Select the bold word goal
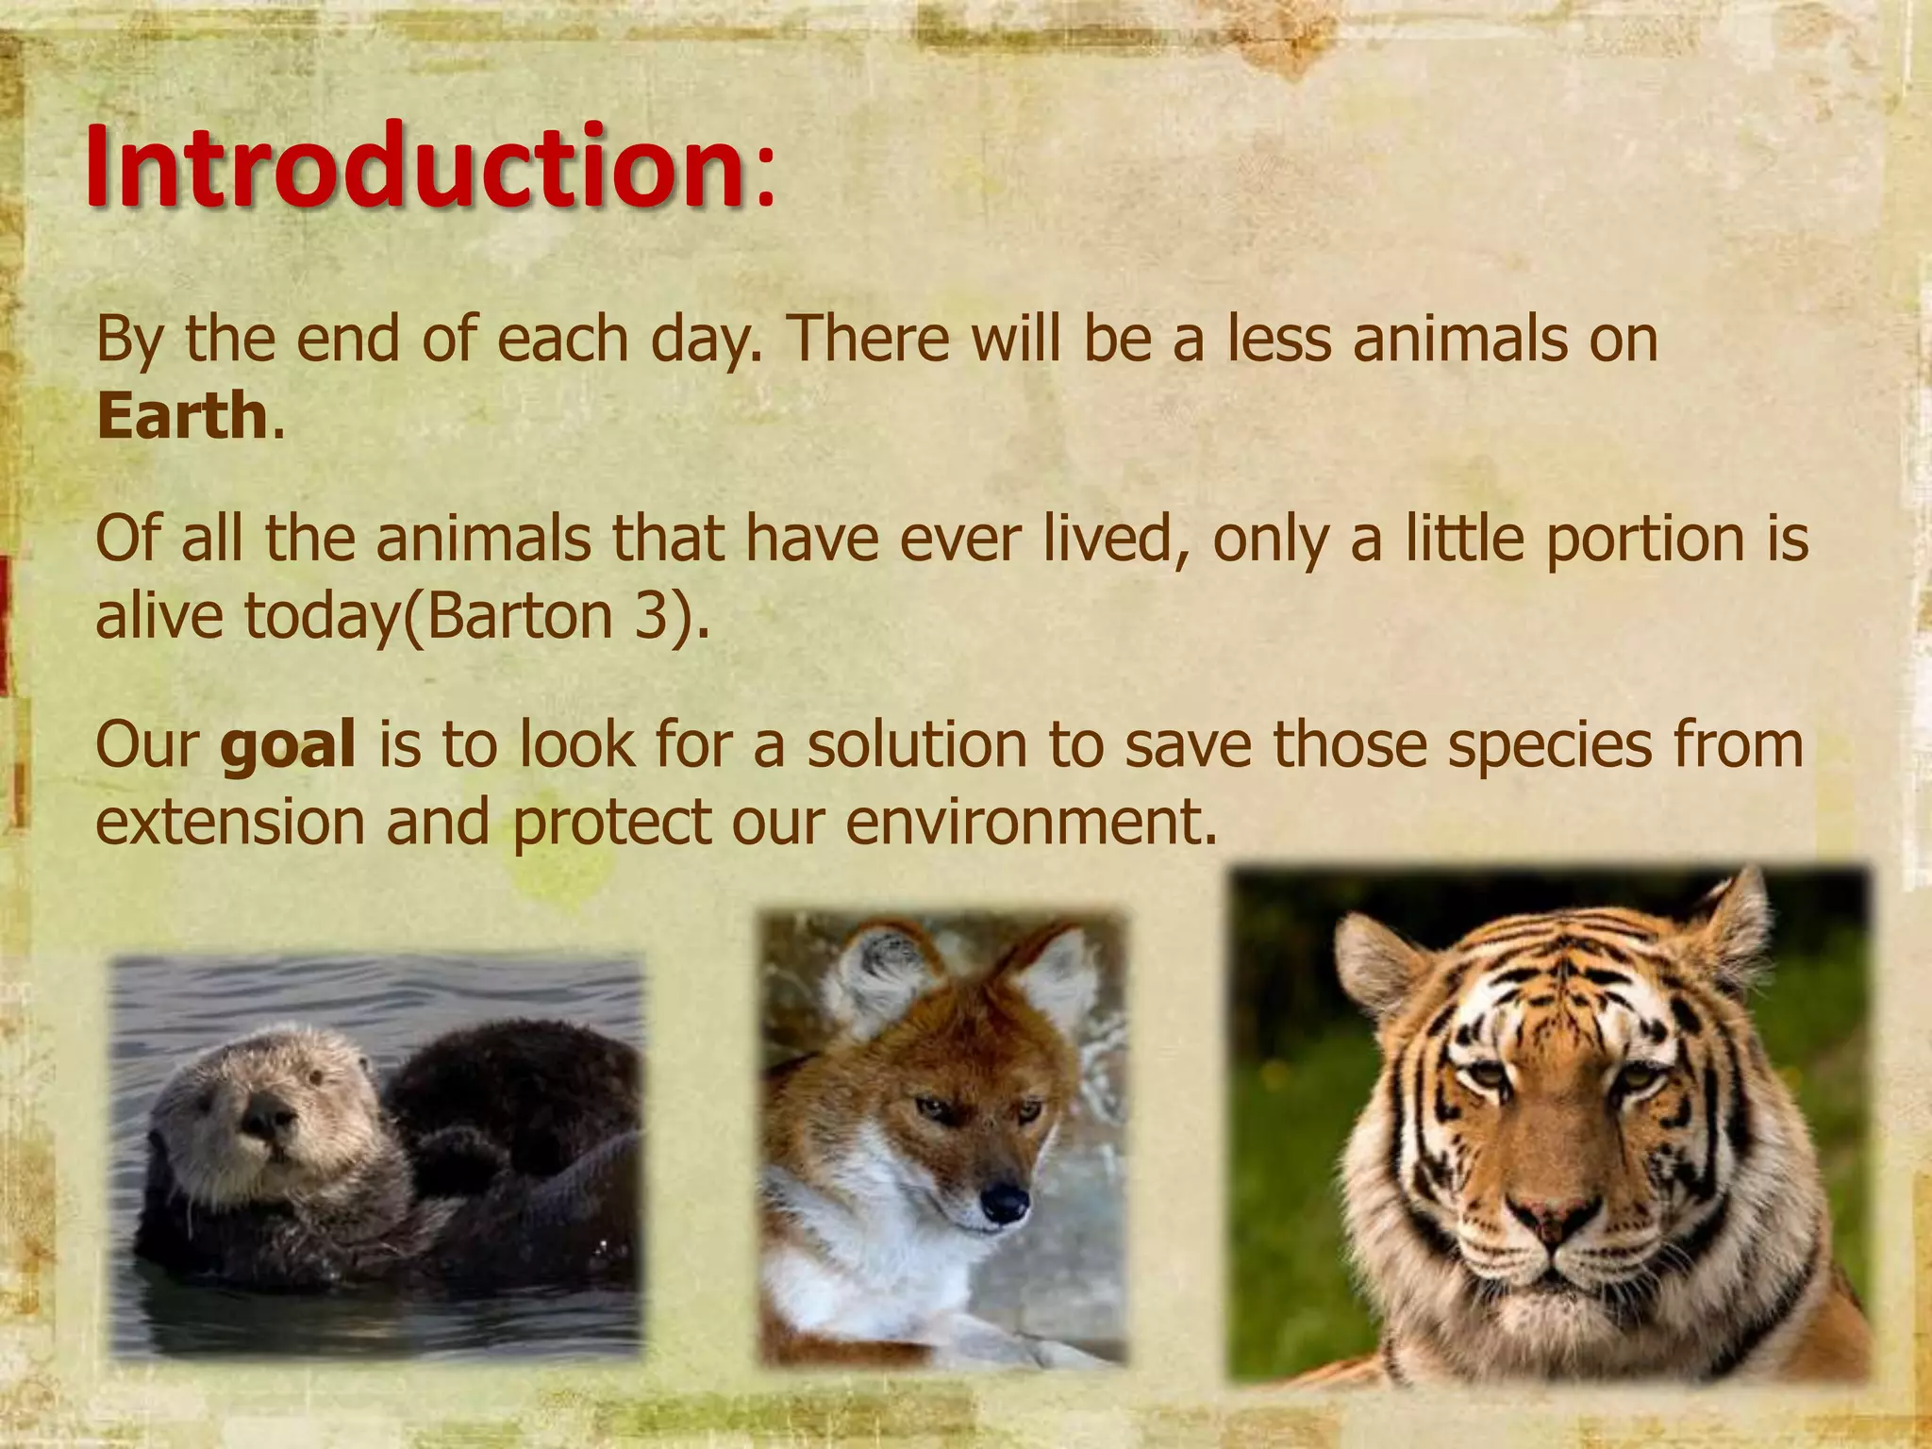tap(288, 744)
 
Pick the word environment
tap(1024, 822)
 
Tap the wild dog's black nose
tap(1004, 1201)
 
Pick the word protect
tap(611, 822)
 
